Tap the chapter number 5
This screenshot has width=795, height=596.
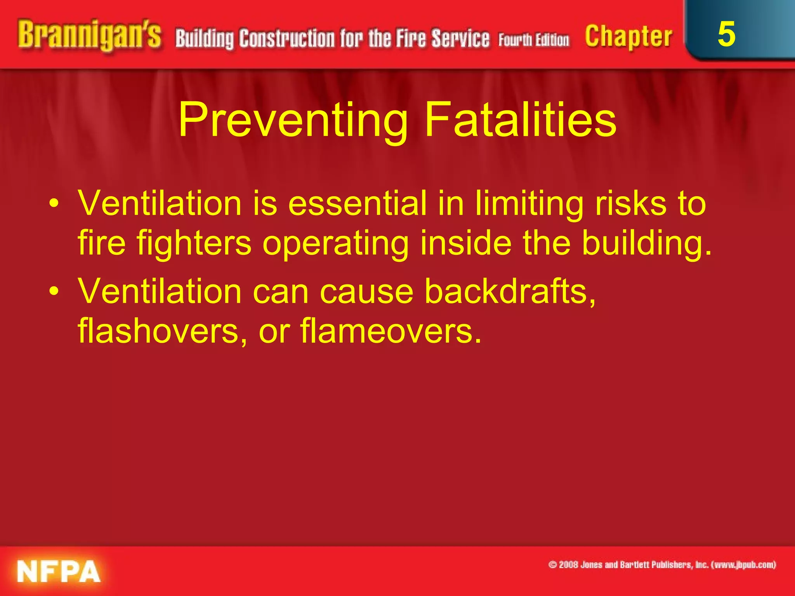click(726, 34)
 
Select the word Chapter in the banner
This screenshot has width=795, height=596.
click(628, 37)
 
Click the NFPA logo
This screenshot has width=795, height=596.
click(59, 571)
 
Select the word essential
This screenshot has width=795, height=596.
click(358, 204)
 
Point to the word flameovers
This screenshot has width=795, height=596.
click(390, 331)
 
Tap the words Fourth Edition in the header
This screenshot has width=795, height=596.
click(534, 40)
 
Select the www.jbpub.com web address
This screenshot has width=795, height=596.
click(743, 565)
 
